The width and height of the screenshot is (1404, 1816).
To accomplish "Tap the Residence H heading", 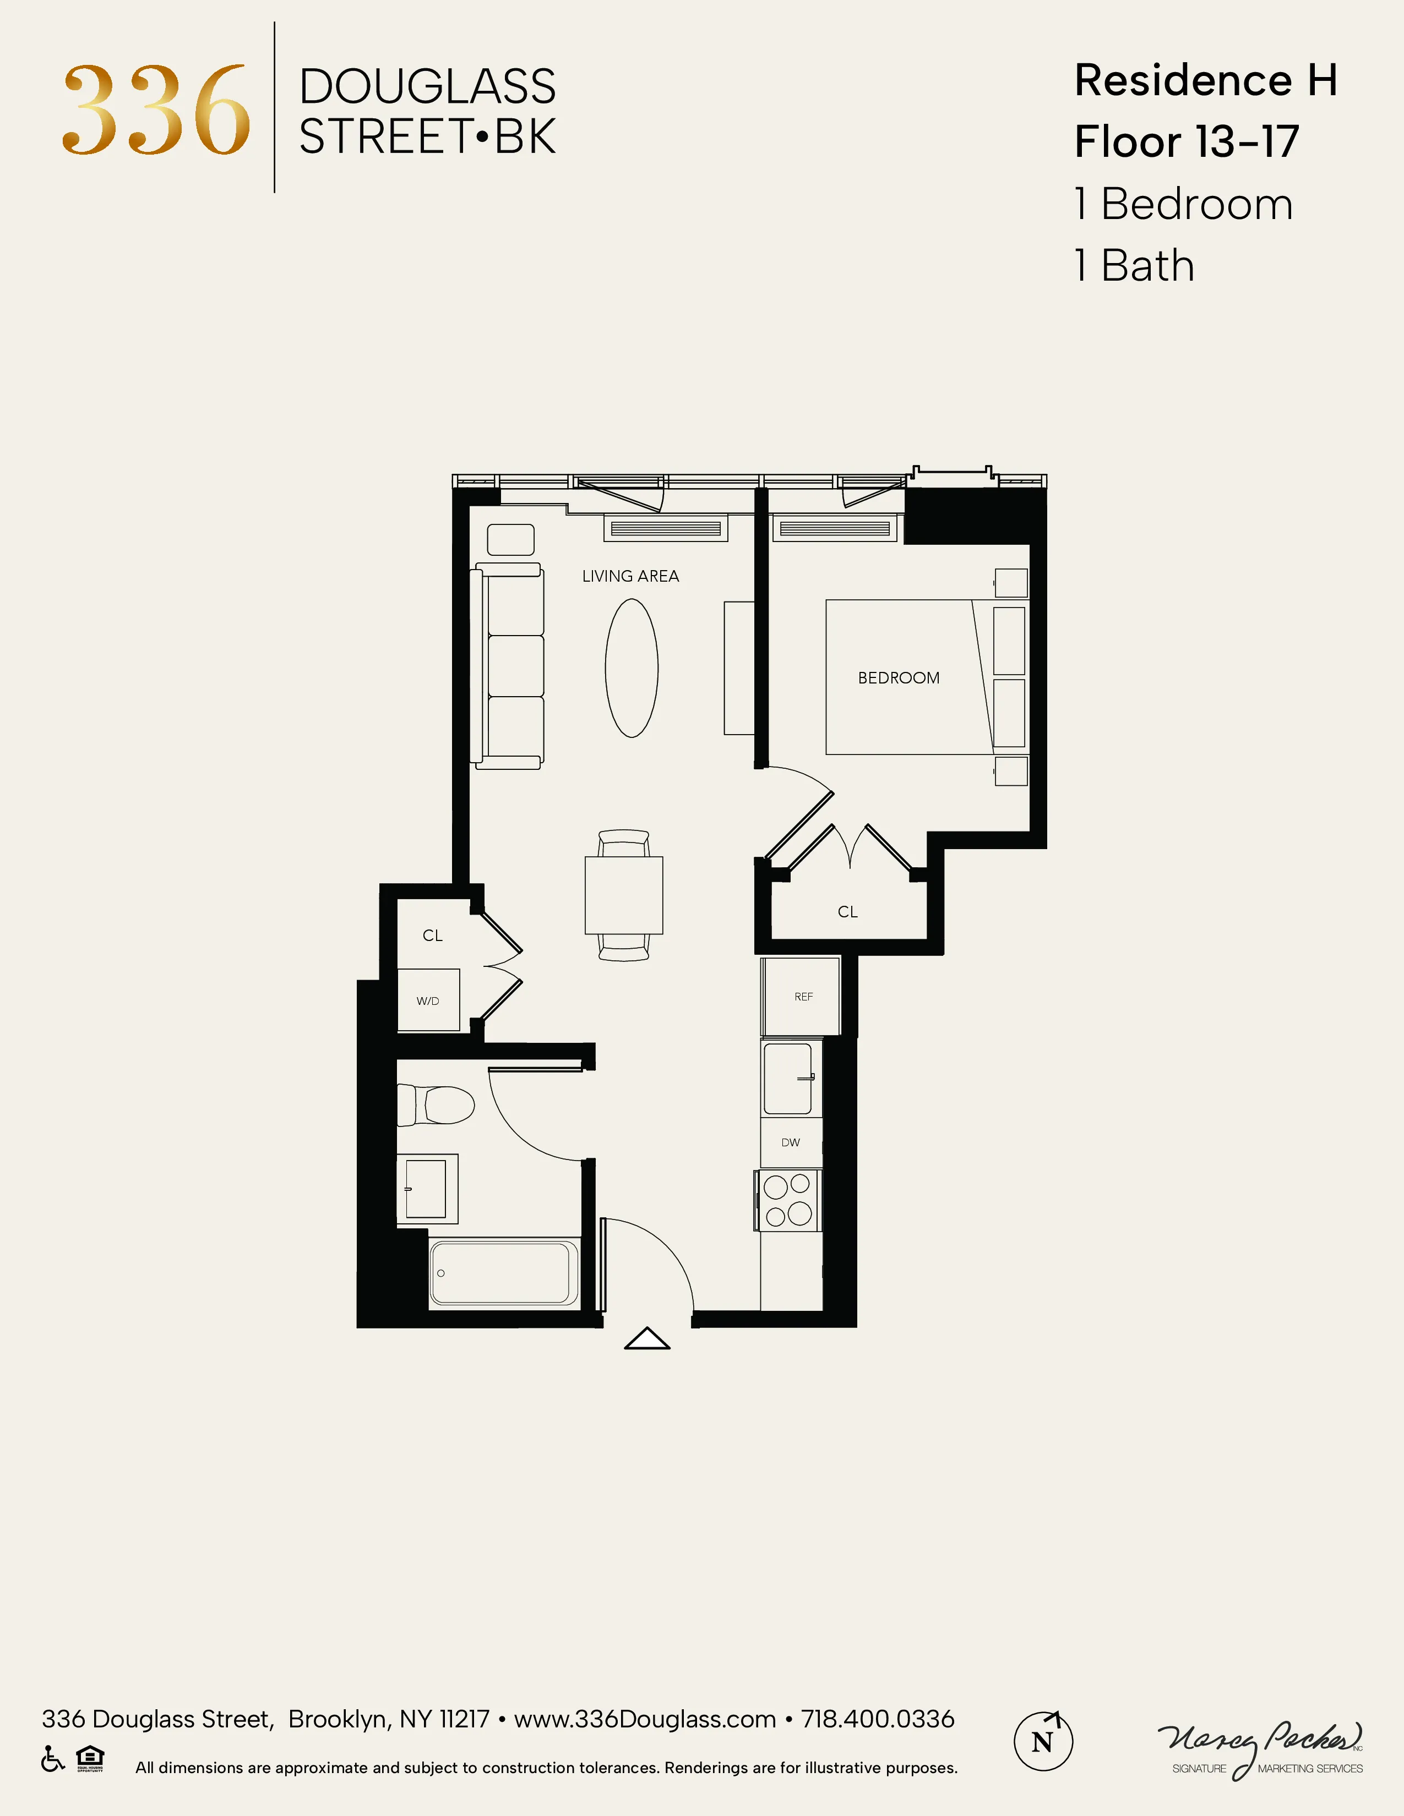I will point(1205,81).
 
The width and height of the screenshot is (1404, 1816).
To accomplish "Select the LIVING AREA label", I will point(630,576).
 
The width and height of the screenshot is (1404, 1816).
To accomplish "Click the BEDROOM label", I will point(899,677).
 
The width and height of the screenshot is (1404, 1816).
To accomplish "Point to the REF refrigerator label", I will point(803,996).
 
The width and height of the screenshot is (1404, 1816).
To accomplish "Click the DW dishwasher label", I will point(790,1142).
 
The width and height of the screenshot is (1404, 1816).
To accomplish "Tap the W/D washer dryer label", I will point(427,1001).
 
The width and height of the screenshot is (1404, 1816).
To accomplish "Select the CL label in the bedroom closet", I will point(847,912).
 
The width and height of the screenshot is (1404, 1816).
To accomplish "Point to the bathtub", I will point(504,1273).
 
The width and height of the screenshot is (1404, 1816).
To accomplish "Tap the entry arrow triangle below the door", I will point(647,1339).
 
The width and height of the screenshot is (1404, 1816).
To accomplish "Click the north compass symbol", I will point(1043,1741).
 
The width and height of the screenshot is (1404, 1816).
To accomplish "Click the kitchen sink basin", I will point(787,1079).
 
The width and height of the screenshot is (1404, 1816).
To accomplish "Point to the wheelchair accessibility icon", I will point(52,1759).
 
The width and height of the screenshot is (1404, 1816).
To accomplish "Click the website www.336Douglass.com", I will point(645,1719).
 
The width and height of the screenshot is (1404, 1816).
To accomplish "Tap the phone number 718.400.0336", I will point(878,1719).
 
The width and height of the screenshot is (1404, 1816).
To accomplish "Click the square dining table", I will point(624,895).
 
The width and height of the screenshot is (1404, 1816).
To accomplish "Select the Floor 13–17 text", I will point(1186,141).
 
